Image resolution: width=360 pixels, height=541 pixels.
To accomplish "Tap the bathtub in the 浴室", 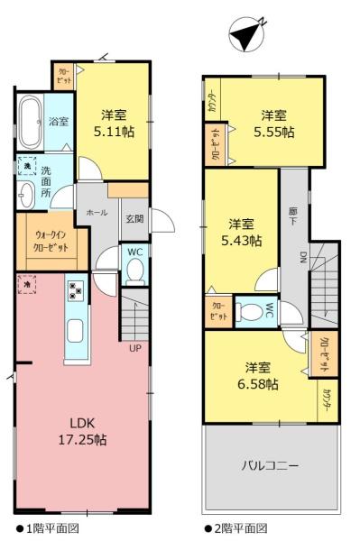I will point(30,121).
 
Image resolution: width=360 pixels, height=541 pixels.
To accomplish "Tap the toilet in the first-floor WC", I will point(134,269).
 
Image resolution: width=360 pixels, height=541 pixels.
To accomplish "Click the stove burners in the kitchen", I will point(75,291).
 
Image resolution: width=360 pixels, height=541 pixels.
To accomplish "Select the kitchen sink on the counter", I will point(76,329).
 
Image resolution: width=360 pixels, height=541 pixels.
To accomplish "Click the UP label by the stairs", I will point(134,347).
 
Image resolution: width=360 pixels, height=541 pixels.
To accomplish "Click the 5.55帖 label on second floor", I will point(273,124).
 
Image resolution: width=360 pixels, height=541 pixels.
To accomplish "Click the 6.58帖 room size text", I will point(258,376).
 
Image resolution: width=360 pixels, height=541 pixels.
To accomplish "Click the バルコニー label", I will point(270,466).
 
